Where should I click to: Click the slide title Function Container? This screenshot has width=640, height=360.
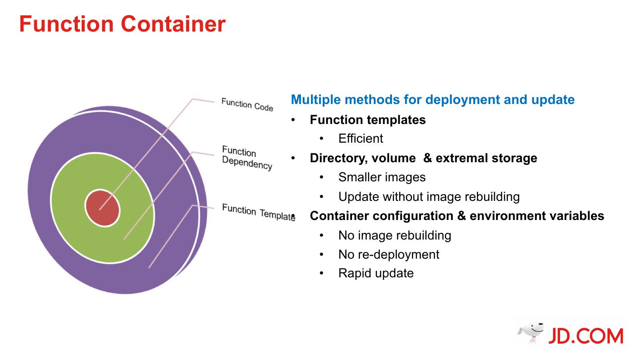[x=122, y=24]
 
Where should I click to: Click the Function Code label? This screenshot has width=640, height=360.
[x=247, y=105]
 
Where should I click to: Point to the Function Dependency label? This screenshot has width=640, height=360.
[x=247, y=157]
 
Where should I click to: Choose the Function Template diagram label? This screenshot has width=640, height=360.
[x=258, y=212]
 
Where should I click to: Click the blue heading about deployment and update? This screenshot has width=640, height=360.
[x=432, y=100]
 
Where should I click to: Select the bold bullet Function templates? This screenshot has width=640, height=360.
[x=368, y=120]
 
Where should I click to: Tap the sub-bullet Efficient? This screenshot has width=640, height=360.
[x=360, y=139]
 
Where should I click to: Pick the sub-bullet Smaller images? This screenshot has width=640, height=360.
[x=382, y=177]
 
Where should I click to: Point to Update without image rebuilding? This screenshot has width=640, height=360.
[x=429, y=196]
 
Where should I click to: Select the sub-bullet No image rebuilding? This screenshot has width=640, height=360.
[x=395, y=235]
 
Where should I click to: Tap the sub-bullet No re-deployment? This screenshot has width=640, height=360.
[x=388, y=254]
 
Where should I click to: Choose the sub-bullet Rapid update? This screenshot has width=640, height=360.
[x=376, y=273]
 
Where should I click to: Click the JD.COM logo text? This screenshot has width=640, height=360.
[x=585, y=336]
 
